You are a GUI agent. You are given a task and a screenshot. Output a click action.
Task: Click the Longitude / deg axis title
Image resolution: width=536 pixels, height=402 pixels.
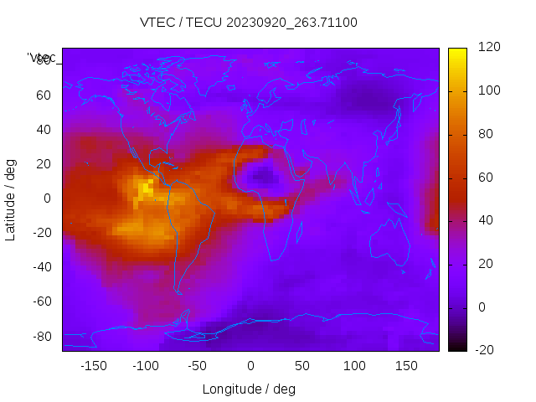[x=249, y=389]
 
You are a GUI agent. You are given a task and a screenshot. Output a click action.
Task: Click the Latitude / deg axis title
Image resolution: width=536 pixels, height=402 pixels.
[x=11, y=198]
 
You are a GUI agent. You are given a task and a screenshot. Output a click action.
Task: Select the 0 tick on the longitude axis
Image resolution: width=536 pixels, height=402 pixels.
[x=250, y=365]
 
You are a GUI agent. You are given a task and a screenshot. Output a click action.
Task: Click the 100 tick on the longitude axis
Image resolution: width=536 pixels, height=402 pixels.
[x=354, y=365]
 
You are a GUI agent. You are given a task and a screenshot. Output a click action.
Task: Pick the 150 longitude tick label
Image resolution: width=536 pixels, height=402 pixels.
[x=406, y=365]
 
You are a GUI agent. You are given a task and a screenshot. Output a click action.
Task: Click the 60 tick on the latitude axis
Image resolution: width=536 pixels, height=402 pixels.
[x=43, y=95]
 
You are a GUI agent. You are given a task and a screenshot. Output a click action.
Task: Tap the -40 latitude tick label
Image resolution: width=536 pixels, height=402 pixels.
[x=40, y=267]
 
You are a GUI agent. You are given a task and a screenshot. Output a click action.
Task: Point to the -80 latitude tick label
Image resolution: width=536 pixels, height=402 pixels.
[x=40, y=336]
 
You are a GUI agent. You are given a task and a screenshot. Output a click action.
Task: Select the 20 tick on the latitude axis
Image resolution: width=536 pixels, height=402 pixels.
[x=43, y=164]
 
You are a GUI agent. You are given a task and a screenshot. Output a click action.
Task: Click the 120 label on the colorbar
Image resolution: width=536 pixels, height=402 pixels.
[x=488, y=48]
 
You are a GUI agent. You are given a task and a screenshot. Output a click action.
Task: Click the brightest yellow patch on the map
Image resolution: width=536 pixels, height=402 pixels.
[x=146, y=188]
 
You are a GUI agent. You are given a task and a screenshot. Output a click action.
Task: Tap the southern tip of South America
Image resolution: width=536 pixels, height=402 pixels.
[x=178, y=291]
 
